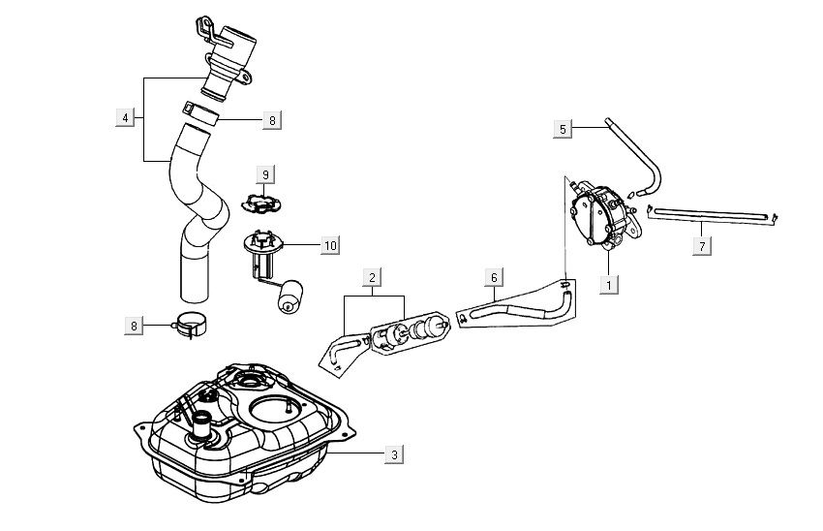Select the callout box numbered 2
pyautogui.click(x=372, y=278)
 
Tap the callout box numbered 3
pyautogui.click(x=392, y=453)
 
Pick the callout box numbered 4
pyautogui.click(x=124, y=118)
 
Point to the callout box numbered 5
pyautogui.click(x=564, y=128)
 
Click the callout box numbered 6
pyautogui.click(x=493, y=278)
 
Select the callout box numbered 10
pyautogui.click(x=330, y=246)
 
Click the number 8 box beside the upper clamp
pyautogui.click(x=272, y=120)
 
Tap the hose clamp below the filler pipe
pyautogui.click(x=192, y=328)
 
